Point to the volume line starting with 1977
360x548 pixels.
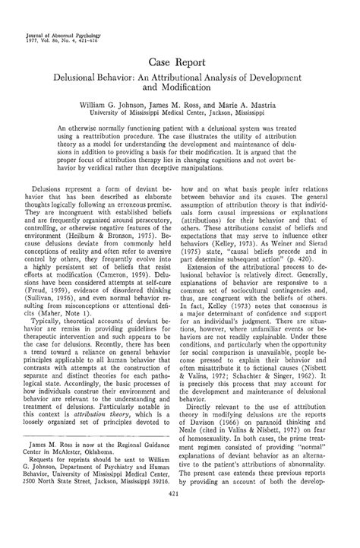[55, 21]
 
